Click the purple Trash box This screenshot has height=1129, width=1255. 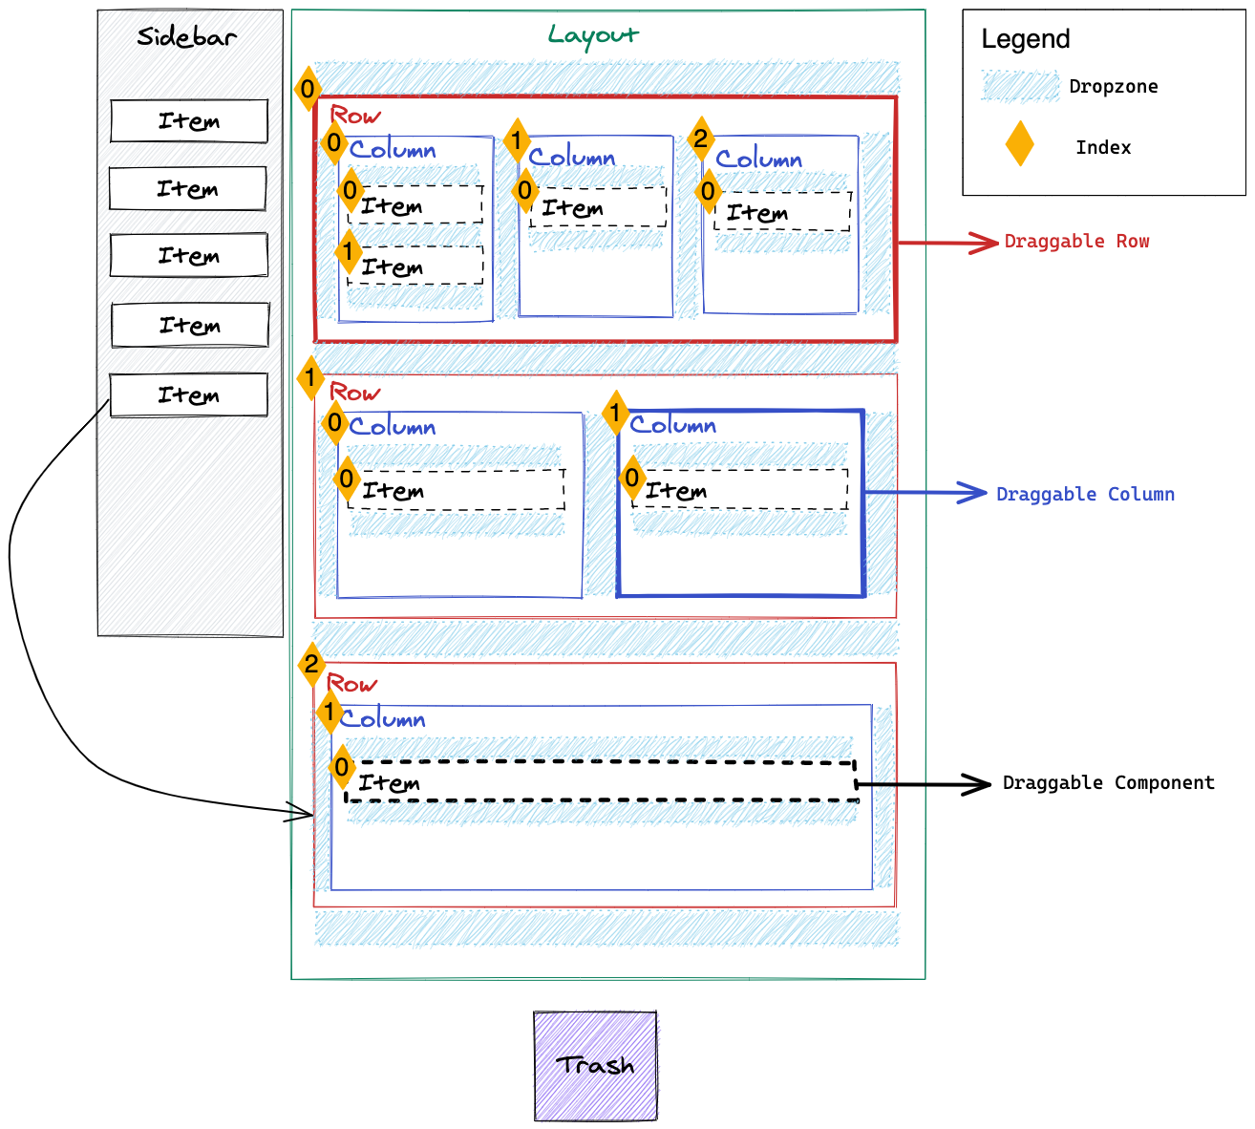pos(595,1066)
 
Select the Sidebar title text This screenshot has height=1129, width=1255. pos(187,37)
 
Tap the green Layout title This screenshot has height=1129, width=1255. pos(593,36)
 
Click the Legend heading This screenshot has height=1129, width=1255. pos(1026,39)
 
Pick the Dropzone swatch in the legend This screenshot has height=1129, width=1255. pos(1020,86)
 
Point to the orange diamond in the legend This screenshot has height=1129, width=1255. pos(1020,144)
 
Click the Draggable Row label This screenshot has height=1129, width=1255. pos(1076,242)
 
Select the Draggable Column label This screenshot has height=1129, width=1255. pos(1085,494)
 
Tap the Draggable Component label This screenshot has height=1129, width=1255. pos(1108,783)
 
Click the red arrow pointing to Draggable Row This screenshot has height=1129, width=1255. pos(946,243)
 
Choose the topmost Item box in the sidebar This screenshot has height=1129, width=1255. pos(189,121)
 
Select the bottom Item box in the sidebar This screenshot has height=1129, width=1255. pos(189,395)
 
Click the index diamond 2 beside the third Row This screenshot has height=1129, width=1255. pos(311,664)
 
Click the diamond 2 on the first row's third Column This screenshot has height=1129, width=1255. pos(701,139)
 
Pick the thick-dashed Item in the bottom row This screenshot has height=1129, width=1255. pos(600,782)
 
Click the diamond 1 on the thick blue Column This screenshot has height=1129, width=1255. pos(616,414)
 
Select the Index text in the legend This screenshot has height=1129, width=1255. pos(1103,147)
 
